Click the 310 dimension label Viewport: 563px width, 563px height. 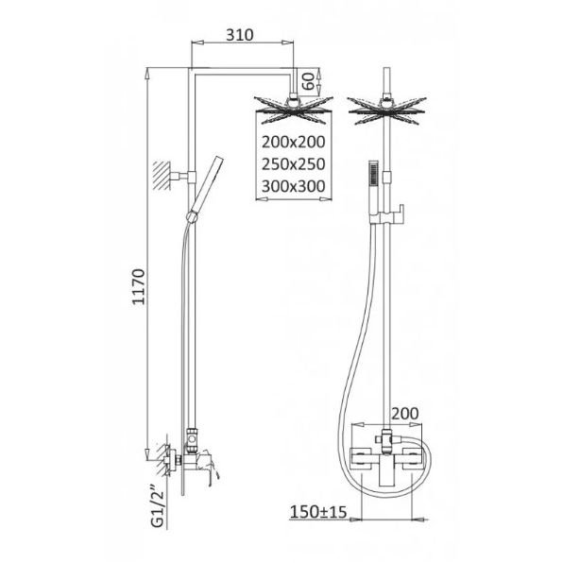point(240,35)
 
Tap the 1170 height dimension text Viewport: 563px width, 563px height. point(139,287)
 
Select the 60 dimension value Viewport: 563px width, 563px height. point(309,81)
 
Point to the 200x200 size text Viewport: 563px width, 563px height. point(294,143)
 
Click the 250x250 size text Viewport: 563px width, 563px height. point(294,164)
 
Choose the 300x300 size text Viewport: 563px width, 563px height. point(294,186)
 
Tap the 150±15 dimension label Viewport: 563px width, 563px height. point(318,512)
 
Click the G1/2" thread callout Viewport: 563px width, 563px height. point(158,506)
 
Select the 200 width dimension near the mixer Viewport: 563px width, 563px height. point(404,414)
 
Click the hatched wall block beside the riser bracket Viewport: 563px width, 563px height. point(162,176)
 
